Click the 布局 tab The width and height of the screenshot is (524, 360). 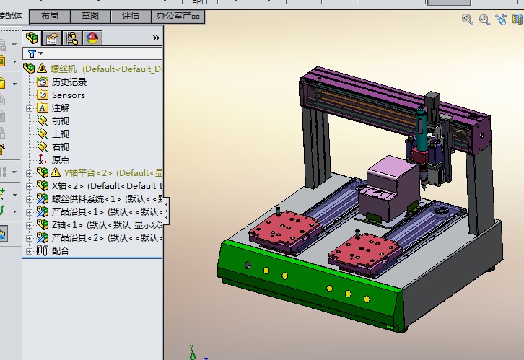pyautogui.click(x=50, y=15)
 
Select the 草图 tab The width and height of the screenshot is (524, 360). pyautogui.click(x=90, y=15)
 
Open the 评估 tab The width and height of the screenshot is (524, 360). pyautogui.click(x=131, y=15)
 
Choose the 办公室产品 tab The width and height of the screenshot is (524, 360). pyautogui.click(x=178, y=15)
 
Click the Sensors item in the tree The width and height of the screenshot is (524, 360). pyautogui.click(x=68, y=95)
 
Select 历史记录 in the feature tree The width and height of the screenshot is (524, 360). pyautogui.click(x=69, y=82)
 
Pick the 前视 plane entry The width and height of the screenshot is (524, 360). pyautogui.click(x=61, y=120)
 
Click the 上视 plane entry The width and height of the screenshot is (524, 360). pyautogui.click(x=61, y=133)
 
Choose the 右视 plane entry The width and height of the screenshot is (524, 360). pyautogui.click(x=61, y=146)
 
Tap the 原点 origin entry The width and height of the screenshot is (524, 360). pyautogui.click(x=61, y=159)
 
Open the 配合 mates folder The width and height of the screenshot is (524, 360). pyautogui.click(x=61, y=250)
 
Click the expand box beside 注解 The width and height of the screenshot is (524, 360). pyautogui.click(x=29, y=107)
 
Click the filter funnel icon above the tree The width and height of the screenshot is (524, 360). pyautogui.click(x=31, y=53)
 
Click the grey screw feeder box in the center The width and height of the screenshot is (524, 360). pyautogui.click(x=392, y=188)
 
